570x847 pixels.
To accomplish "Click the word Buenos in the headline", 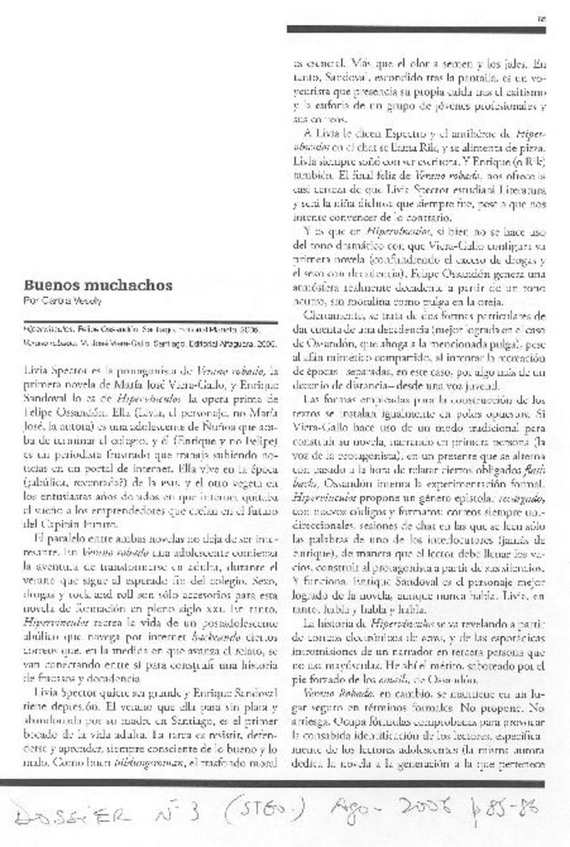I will [48, 285].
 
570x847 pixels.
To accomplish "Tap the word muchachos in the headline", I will [125, 285].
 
